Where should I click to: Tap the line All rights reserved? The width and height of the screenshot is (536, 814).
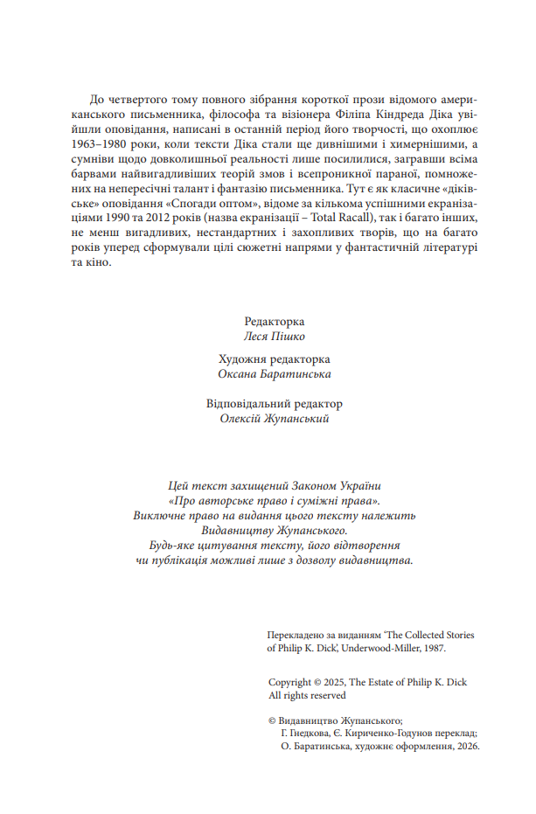coord(308,695)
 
